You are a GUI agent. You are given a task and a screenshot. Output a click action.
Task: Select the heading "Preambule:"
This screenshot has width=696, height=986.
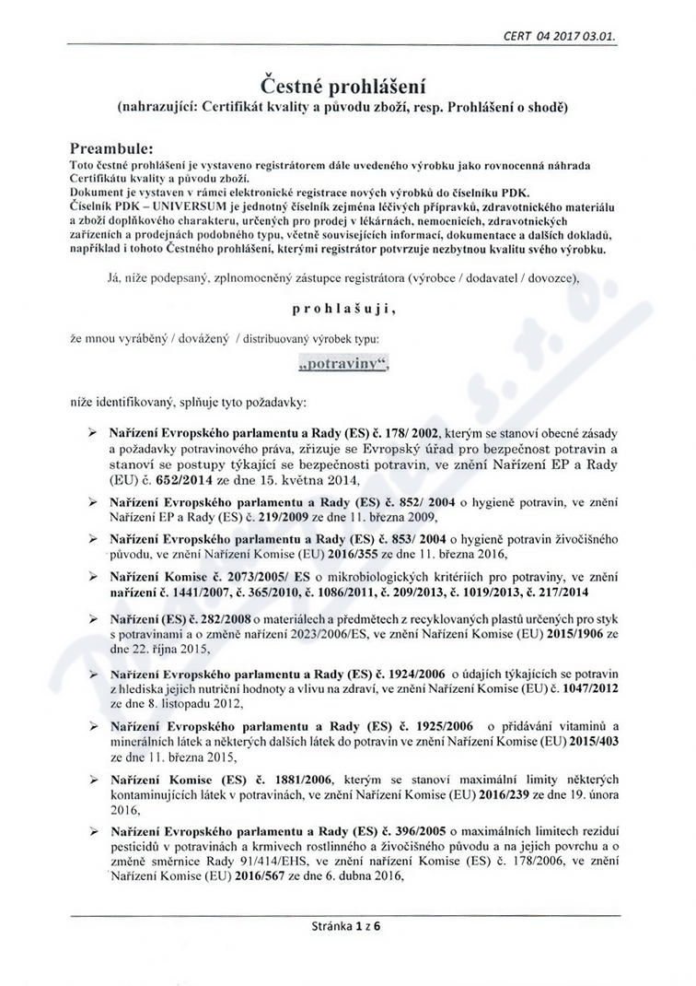pyautogui.click(x=112, y=147)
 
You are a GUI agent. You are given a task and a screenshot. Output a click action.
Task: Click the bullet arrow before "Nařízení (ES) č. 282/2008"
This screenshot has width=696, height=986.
pyautogui.click(x=91, y=616)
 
